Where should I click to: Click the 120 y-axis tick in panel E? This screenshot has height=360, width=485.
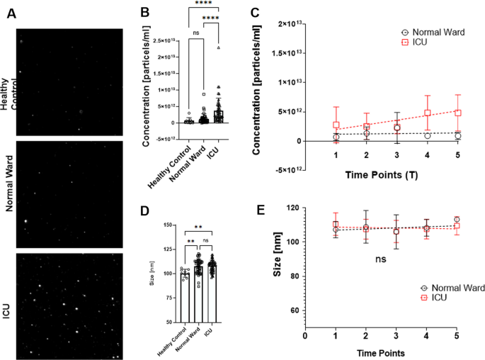coord(288,208)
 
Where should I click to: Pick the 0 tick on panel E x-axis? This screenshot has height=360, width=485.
coord(305,337)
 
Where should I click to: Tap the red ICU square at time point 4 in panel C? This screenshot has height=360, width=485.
coord(428,113)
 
